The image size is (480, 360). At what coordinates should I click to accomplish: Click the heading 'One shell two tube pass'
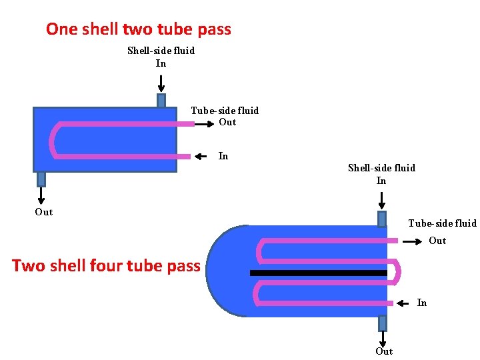[139, 29]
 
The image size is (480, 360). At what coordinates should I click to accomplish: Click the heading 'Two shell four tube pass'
[106, 266]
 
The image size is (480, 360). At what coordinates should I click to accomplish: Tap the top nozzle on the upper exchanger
[161, 101]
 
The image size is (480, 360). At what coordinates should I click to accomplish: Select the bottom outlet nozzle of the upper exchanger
[41, 179]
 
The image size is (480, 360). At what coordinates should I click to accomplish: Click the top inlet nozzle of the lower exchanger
[382, 219]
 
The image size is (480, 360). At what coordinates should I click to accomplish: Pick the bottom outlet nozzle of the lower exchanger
[383, 323]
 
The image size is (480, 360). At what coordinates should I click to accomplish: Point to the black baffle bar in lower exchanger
[318, 273]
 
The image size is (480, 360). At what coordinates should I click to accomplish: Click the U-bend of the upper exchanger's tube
[53, 140]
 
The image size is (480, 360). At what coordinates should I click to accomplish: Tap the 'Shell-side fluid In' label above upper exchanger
[161, 57]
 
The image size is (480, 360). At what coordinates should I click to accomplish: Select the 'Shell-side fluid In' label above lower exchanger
[381, 174]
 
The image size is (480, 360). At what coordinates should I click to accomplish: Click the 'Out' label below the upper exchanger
[44, 212]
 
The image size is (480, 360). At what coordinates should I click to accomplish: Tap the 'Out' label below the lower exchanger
[384, 351]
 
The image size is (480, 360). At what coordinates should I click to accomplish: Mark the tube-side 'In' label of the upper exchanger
[223, 156]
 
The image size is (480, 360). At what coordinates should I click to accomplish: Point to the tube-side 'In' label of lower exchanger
[422, 303]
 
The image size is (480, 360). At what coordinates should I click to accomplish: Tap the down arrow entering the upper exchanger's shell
[161, 83]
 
